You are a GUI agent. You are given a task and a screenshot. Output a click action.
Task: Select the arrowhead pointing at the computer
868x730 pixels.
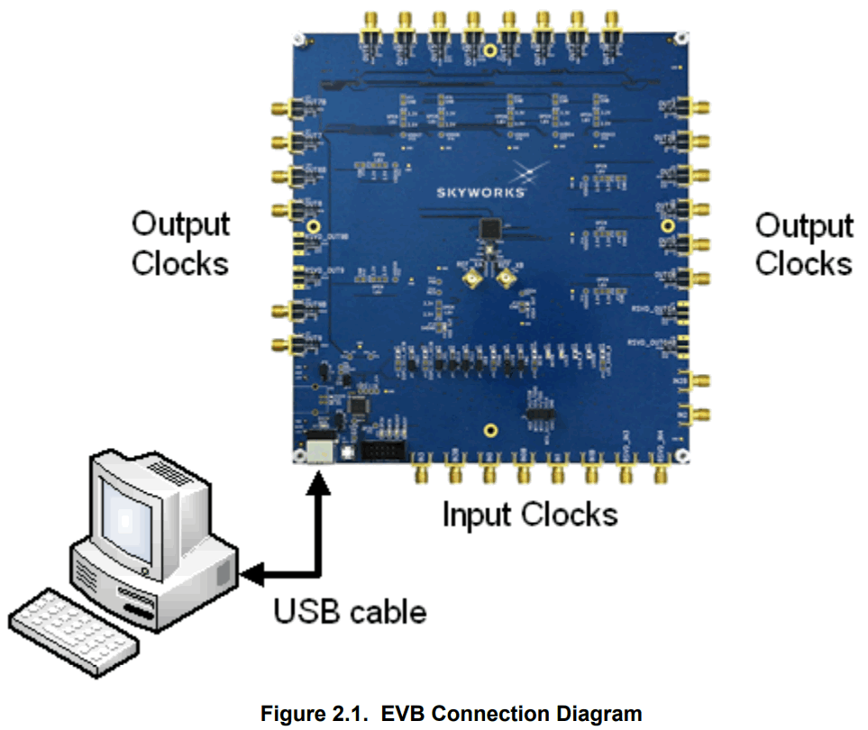pyautogui.click(x=251, y=573)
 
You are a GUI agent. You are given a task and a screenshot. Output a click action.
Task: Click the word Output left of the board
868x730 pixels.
pyautogui.click(x=180, y=224)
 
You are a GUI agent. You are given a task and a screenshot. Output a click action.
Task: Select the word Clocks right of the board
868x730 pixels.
pyautogui.click(x=803, y=263)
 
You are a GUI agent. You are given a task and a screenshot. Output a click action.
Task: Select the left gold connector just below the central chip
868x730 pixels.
pyautogui.click(x=471, y=281)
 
